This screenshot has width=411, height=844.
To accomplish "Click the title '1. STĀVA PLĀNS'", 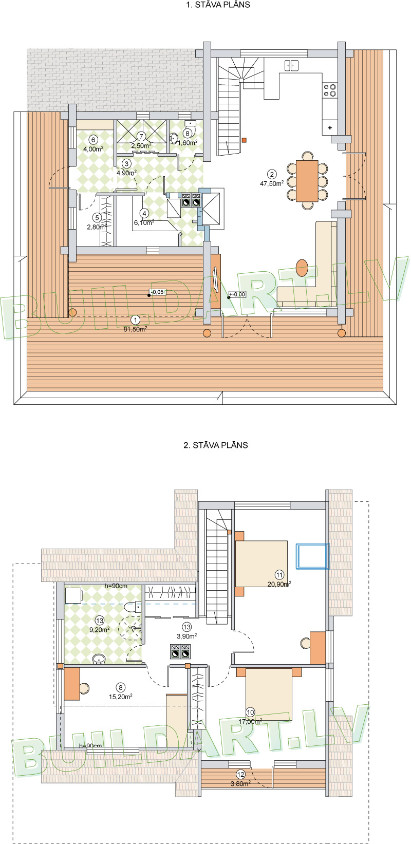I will click(x=218, y=5).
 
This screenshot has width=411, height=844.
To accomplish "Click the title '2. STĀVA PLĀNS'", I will click(x=216, y=445).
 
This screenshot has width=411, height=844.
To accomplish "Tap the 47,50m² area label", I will click(x=273, y=182).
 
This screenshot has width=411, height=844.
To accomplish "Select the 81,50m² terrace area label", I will click(x=136, y=329).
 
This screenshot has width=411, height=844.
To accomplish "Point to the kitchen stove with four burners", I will click(x=330, y=90).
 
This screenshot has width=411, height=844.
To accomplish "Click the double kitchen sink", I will click(x=291, y=65).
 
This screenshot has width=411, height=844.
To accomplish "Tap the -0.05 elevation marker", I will click(x=156, y=292).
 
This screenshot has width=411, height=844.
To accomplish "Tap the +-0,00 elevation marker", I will click(x=237, y=294).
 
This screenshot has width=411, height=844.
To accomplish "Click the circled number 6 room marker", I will click(x=93, y=139).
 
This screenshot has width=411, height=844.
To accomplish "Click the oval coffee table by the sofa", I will click(x=302, y=268).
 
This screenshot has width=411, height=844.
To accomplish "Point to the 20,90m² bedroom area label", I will click(x=279, y=584).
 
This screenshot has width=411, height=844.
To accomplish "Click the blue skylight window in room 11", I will click(x=312, y=556).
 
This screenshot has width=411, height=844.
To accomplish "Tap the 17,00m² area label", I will click(x=250, y=721).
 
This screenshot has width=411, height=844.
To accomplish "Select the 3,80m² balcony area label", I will click(x=240, y=783).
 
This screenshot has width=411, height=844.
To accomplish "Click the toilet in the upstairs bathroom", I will click(x=134, y=607).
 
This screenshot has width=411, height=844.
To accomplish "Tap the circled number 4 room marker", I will click(x=144, y=213).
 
